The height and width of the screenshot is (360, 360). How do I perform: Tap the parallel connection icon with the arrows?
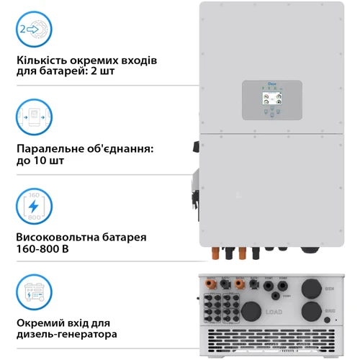click(34, 117)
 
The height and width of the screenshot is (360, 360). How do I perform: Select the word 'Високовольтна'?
click(58, 236)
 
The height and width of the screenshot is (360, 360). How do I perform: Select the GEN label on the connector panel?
click(329, 288)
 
